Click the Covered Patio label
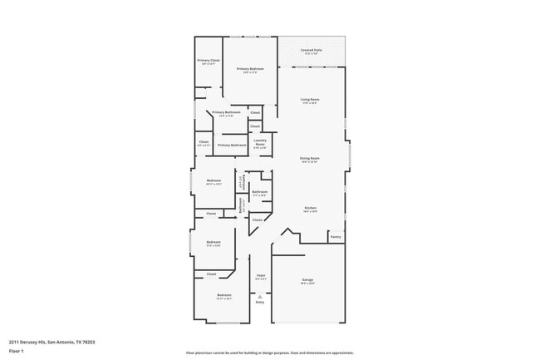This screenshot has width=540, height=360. pos(311,51)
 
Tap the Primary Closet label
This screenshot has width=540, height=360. pos(209,61)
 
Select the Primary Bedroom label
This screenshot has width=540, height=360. pos(250,70)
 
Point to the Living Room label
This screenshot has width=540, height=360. pos(310,101)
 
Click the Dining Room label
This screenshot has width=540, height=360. pos(310,159)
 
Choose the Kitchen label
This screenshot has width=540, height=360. pos(310,209)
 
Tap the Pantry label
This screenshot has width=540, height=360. pos(336,237)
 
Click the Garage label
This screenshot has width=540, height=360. pos(307,281)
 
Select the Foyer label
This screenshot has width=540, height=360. pos(260,276)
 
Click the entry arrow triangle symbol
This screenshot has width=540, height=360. pos(259,296)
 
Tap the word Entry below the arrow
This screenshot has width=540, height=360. pos(259,302)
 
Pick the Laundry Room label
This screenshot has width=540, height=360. pos(260,143)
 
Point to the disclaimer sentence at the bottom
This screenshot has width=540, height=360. pos(270,353)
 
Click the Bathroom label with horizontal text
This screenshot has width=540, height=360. pos(260,193)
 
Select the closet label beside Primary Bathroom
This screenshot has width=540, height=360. pos(255,112)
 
